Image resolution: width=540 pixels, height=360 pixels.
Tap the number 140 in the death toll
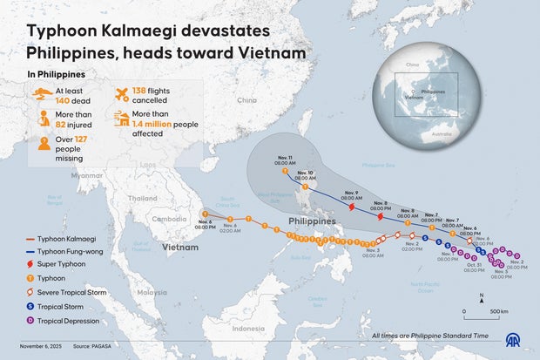68,101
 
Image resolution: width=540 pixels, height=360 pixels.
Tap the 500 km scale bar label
499,311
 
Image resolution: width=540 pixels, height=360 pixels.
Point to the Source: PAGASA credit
93,347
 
